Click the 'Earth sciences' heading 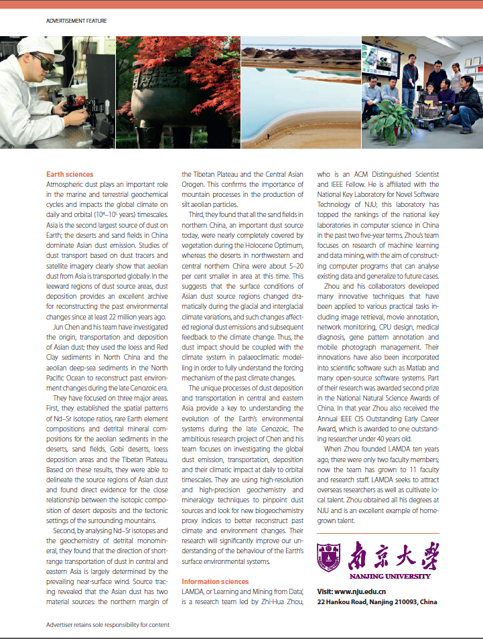70,175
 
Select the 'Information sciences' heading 215,581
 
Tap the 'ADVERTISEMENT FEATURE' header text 76,21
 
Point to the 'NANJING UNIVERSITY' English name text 390,576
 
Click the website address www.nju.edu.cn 351,591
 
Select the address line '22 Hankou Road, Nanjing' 376,601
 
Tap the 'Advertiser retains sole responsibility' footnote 108,624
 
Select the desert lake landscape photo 300,92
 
